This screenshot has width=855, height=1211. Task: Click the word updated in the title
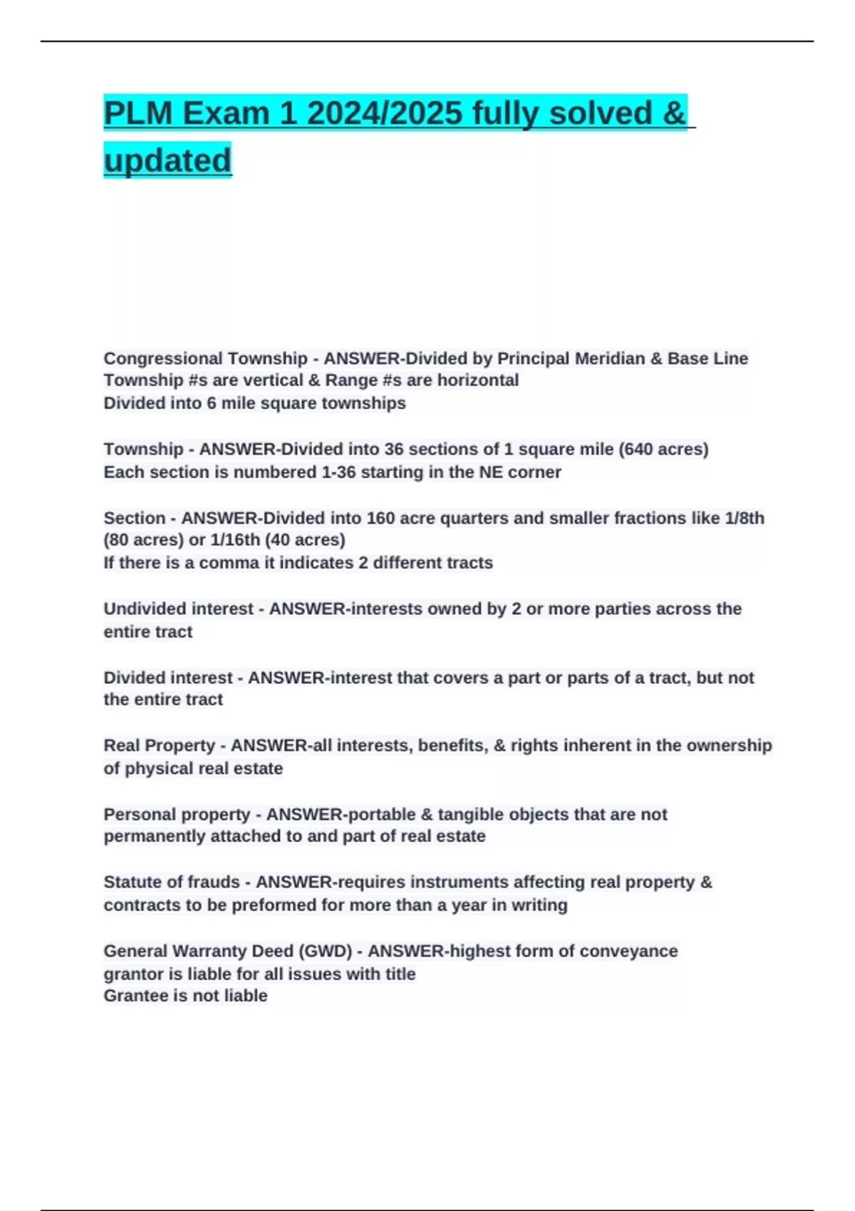click(167, 160)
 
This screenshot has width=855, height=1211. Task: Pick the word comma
click(227, 563)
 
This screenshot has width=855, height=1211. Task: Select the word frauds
click(215, 882)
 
